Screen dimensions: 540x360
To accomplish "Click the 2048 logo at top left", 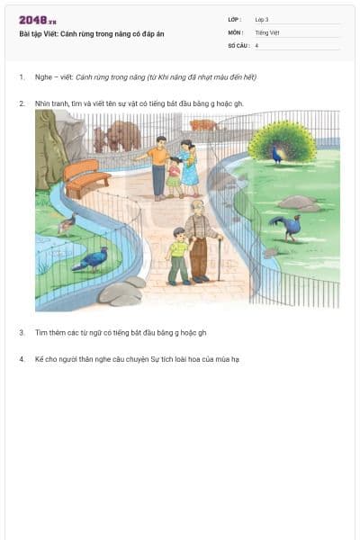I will click(x=37, y=20).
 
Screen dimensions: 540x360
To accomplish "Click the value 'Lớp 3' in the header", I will click(x=262, y=20).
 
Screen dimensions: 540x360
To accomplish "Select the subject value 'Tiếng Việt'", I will click(x=267, y=32).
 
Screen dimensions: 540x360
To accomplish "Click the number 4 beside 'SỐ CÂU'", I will click(x=256, y=45).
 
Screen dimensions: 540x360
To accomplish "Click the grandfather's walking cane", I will click(x=219, y=261).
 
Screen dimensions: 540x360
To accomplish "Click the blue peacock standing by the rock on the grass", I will click(x=287, y=225).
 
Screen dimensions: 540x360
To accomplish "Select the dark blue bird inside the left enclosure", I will click(x=91, y=259).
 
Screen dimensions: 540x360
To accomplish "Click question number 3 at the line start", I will click(x=22, y=333).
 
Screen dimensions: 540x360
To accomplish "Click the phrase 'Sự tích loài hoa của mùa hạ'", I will click(x=197, y=360).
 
